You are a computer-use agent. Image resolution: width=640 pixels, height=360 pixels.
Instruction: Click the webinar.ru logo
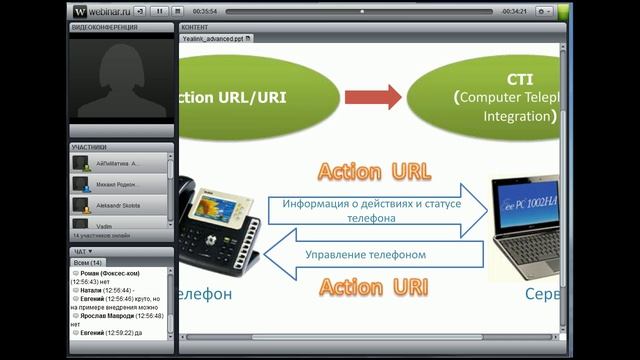tap(101, 10)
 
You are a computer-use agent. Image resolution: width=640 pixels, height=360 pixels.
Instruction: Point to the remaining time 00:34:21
tap(514, 10)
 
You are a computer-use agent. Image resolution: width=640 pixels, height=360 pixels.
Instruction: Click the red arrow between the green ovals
tap(372, 97)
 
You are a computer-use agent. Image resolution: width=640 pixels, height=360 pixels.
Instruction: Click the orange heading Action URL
tap(373, 171)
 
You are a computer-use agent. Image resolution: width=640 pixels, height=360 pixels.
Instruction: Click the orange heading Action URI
tap(373, 288)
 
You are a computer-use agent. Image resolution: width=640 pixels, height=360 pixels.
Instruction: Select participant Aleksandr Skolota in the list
tap(119, 206)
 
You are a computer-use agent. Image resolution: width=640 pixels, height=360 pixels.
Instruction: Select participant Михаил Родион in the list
tap(119, 185)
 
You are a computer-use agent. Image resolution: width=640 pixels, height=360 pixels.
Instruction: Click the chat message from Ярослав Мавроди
tap(118, 313)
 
